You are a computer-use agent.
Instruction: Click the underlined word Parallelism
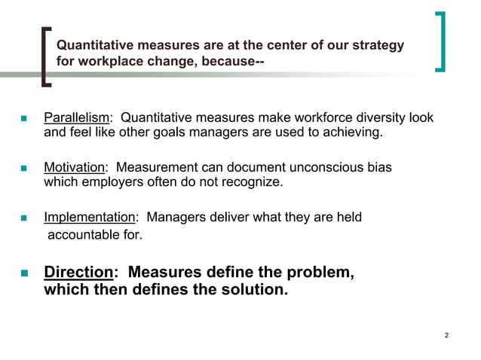pos(77,118)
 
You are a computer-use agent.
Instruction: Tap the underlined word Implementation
pos(89,218)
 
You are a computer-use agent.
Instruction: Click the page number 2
pos(447,335)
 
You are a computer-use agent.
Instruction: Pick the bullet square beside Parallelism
pos(23,119)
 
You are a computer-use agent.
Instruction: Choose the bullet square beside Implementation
pos(23,218)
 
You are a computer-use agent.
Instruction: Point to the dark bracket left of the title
pos(44,54)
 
